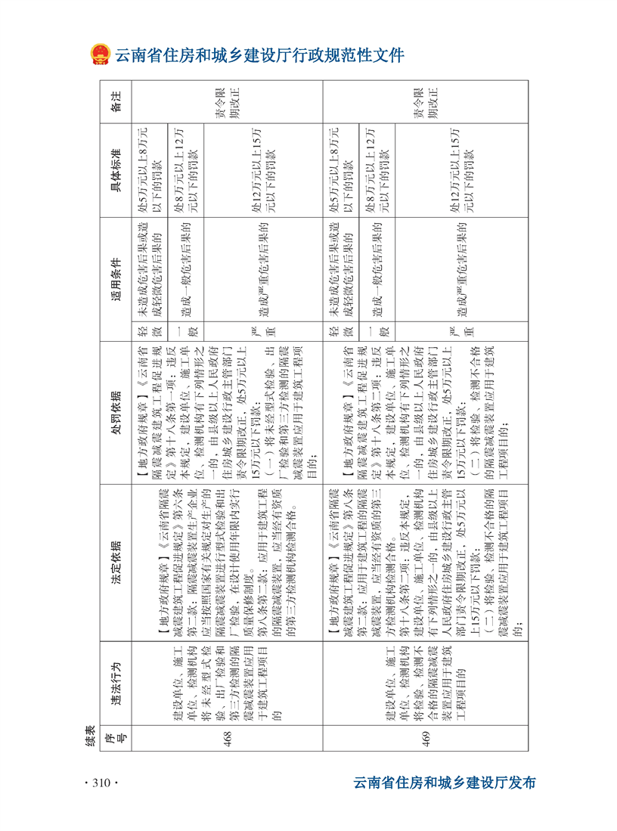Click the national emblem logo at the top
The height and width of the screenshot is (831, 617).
tap(100, 55)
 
